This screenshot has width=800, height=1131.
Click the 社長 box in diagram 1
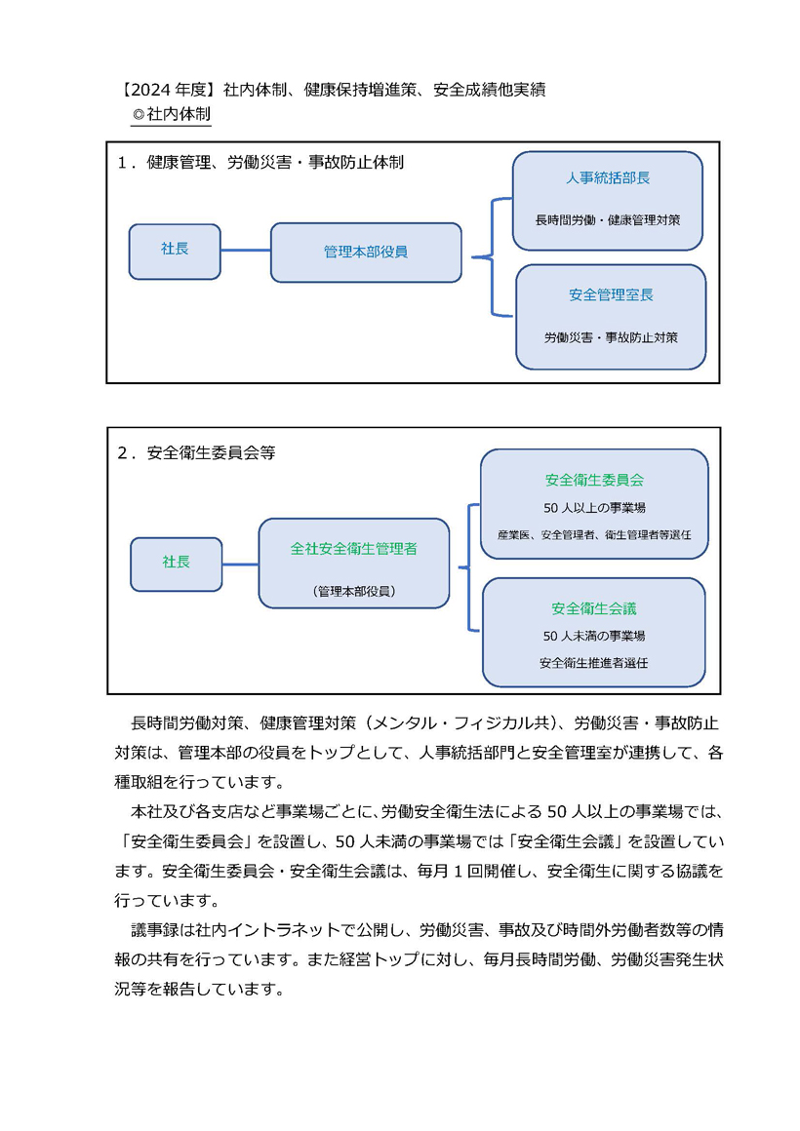(x=175, y=251)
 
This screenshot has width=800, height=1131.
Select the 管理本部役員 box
(x=366, y=252)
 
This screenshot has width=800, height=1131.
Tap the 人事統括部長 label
(x=608, y=178)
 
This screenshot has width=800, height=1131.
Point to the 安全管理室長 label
(x=611, y=295)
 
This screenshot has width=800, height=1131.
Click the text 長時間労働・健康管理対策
(x=608, y=220)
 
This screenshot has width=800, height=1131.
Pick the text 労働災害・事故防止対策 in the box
(x=611, y=336)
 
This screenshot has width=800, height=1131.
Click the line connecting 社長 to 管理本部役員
(x=246, y=251)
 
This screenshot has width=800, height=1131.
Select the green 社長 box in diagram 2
(x=177, y=565)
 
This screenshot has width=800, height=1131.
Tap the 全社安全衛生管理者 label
(x=354, y=549)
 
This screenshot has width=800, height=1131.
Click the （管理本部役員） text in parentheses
(x=354, y=591)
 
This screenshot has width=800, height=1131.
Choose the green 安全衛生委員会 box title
(x=594, y=480)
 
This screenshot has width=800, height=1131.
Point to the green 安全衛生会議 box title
(x=594, y=608)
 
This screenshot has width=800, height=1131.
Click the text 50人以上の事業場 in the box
(x=594, y=508)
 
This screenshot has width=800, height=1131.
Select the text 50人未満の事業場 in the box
(x=594, y=636)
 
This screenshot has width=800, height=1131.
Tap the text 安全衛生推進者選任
(x=593, y=663)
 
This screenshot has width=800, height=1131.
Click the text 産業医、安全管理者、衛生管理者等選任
(x=594, y=534)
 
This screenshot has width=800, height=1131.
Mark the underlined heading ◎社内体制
(x=171, y=114)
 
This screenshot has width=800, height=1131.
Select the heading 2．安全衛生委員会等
(x=196, y=452)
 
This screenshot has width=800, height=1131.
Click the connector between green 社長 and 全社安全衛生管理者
(x=240, y=565)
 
